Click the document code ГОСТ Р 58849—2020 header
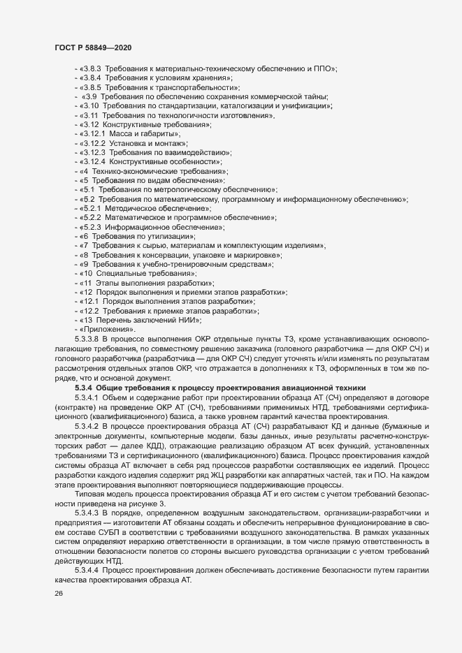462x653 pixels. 93,47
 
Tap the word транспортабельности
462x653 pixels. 198,87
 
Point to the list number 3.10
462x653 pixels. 94,105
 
